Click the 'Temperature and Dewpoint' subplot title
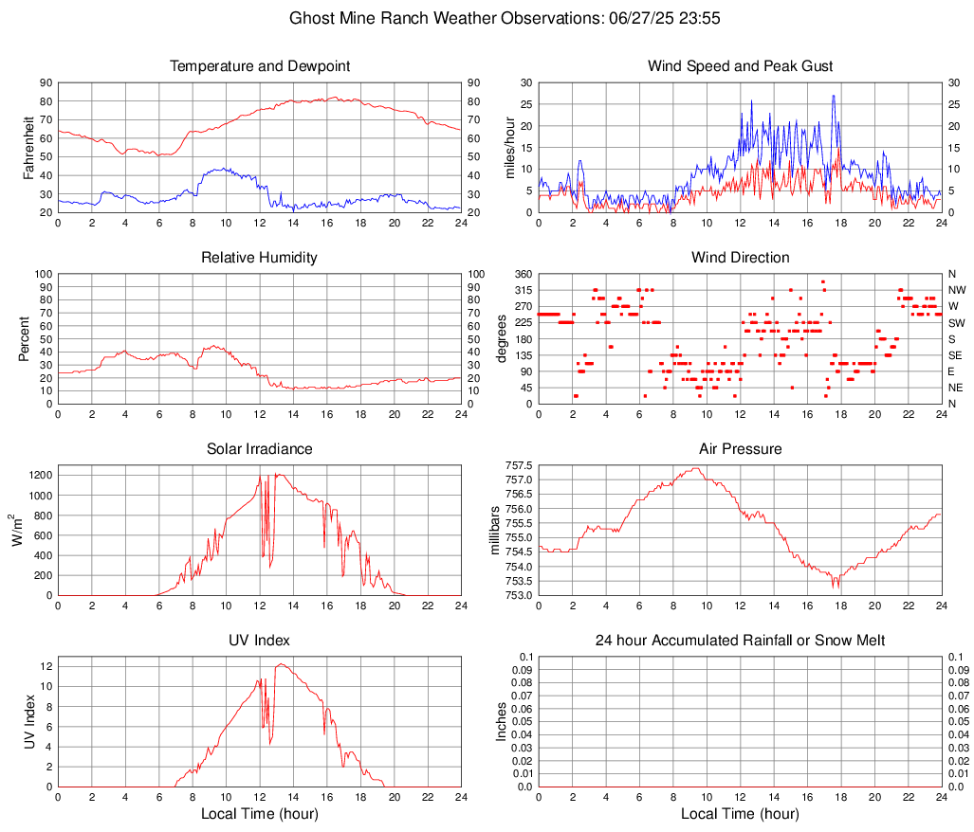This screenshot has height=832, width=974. click(260, 66)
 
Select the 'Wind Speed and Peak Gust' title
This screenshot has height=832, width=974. click(740, 66)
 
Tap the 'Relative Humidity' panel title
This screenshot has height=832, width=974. click(260, 258)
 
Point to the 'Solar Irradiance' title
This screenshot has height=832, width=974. click(260, 449)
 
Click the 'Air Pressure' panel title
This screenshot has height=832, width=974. click(740, 449)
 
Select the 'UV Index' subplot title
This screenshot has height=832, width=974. click(260, 641)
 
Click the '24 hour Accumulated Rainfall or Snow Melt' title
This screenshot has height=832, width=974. click(740, 641)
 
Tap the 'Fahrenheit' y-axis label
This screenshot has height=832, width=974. click(28, 148)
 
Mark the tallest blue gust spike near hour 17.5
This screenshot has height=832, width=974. click(833, 96)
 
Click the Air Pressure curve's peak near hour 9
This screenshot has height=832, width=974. click(696, 468)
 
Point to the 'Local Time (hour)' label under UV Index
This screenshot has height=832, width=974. click(260, 814)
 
